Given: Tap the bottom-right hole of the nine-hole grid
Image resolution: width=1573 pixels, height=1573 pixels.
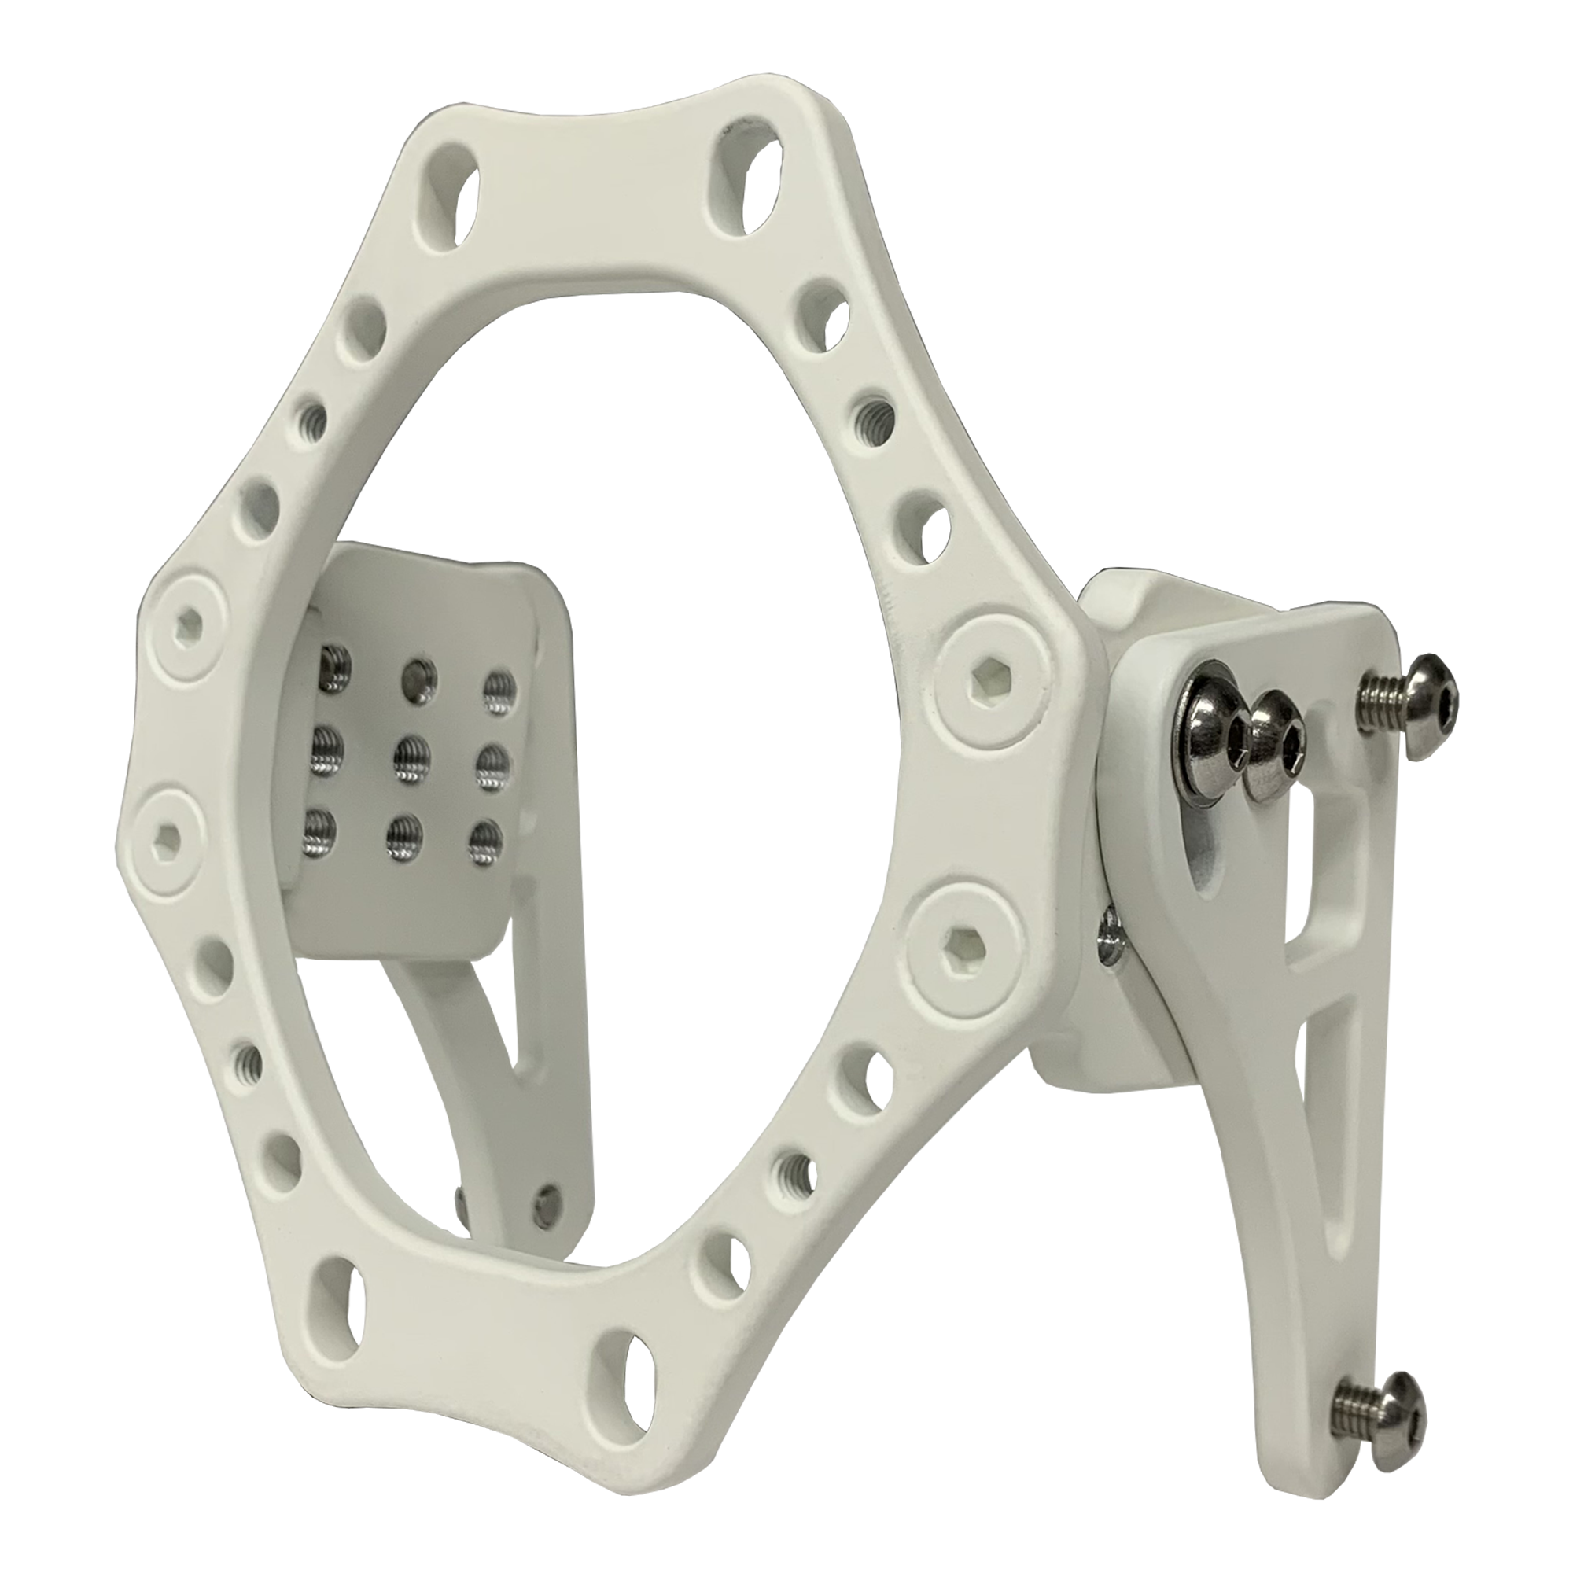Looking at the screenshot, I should (x=487, y=839).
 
